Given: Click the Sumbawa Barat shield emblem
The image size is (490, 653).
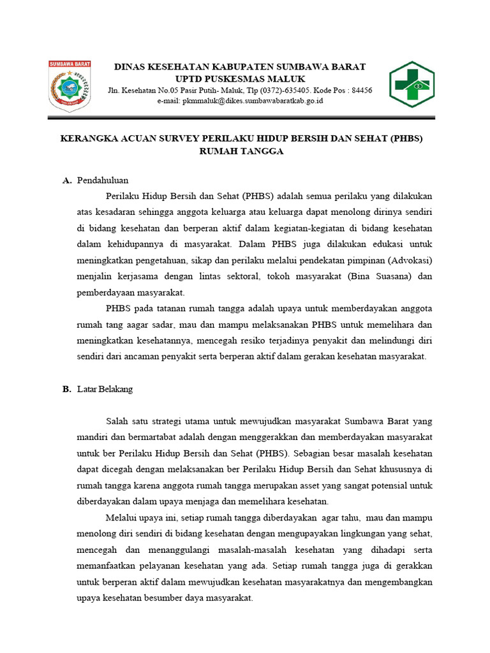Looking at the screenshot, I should point(70,86).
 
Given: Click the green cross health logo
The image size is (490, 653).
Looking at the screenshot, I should point(412,85).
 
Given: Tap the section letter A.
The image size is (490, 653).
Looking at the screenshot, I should point(66,180).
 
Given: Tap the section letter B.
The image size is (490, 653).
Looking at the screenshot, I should point(66,389).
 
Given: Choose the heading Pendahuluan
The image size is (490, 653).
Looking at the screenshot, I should point(103,180).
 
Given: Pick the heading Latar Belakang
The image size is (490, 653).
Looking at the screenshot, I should point(105,389).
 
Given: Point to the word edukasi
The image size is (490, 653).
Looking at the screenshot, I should point(360,244).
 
